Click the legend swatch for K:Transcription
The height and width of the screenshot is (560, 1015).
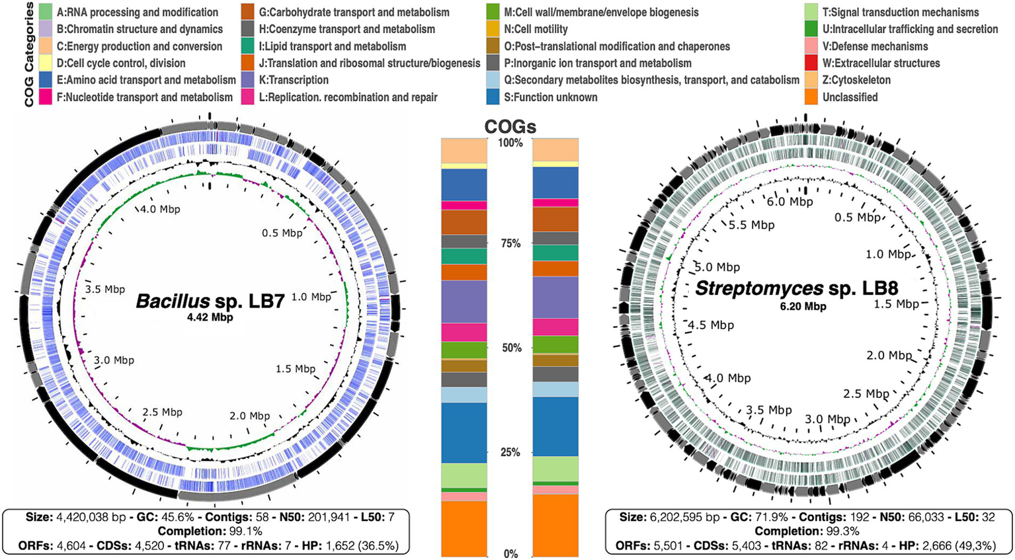pos(250,80)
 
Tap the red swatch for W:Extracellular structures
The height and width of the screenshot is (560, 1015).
pos(811,63)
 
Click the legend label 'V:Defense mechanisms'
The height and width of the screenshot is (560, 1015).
pos(875,46)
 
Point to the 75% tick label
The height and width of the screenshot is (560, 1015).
pos(510,244)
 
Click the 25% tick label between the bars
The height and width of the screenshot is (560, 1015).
pos(510,453)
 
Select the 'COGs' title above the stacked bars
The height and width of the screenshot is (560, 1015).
pos(510,127)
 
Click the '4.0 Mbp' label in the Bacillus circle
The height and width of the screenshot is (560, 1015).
pos(160,210)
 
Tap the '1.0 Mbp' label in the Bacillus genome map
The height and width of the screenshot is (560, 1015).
pos(311,298)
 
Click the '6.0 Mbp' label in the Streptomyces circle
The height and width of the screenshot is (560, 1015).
pos(790,202)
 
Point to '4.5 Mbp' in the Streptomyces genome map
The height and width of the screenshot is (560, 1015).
pos(710,325)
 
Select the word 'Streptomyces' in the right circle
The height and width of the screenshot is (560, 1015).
pos(759,289)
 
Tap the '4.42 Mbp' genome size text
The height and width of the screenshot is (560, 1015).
pos(210,318)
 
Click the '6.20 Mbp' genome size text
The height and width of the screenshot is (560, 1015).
pos(803,306)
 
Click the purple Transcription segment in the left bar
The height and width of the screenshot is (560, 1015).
pos(464,301)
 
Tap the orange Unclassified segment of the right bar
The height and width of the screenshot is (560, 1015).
pos(555,526)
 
